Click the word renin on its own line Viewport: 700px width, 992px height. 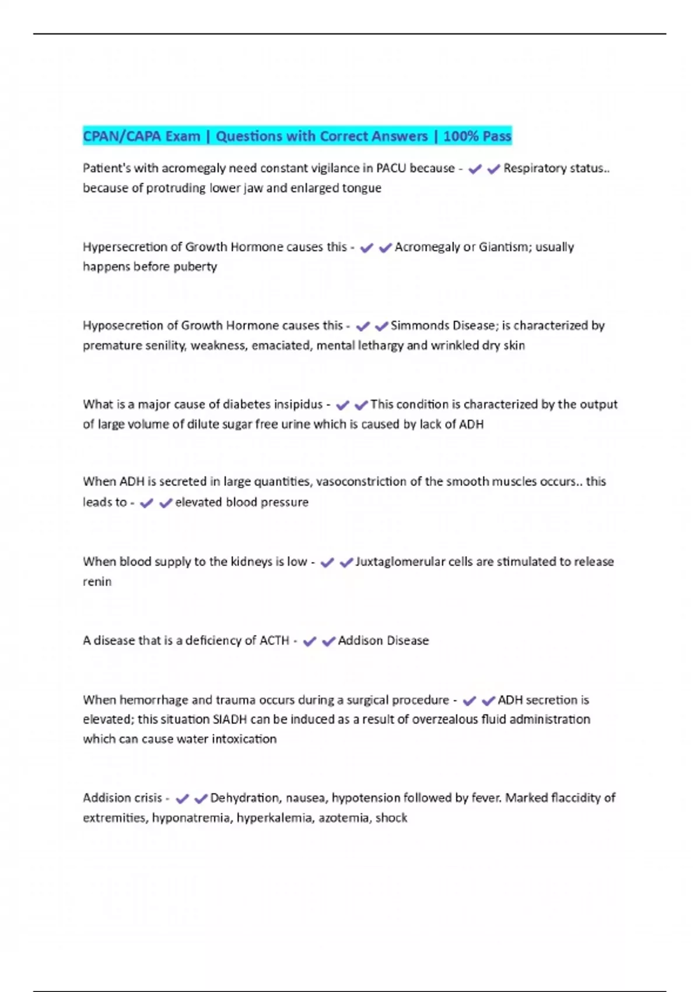97,582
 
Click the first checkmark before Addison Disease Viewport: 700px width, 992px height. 310,641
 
